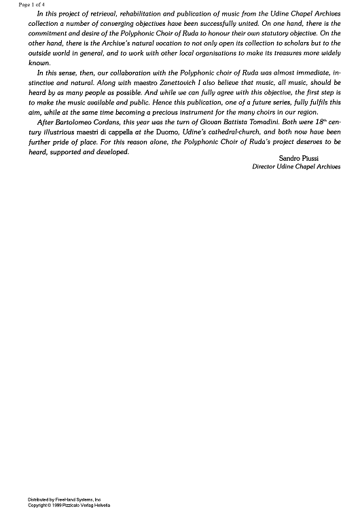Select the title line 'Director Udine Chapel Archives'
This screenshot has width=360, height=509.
[295, 166]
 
